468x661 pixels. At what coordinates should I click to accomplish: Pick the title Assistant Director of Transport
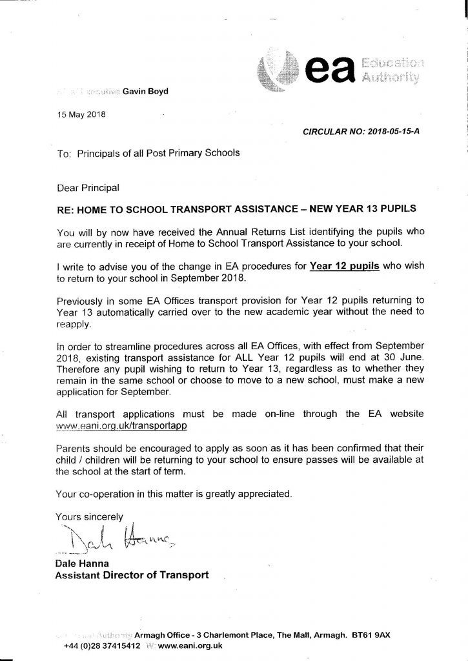click(x=132, y=576)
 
